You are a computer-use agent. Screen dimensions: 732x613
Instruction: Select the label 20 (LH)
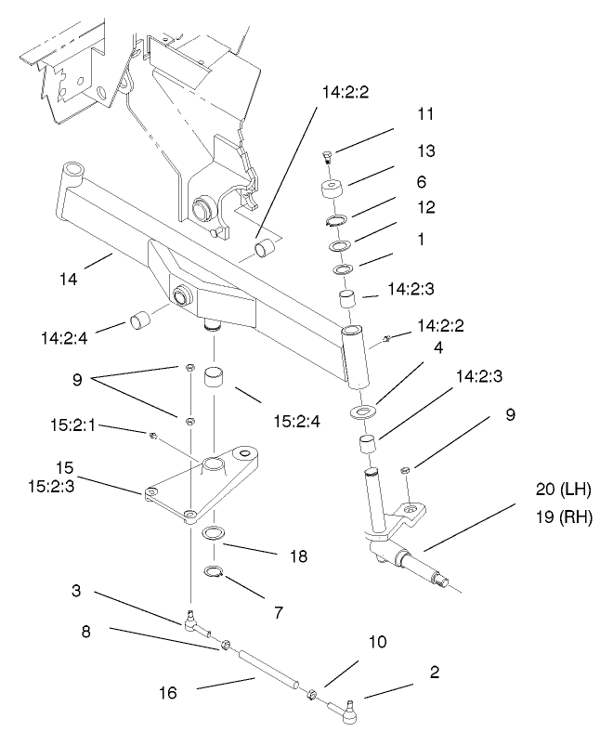tap(563, 490)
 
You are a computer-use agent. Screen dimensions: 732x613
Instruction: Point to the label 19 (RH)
tap(564, 517)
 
